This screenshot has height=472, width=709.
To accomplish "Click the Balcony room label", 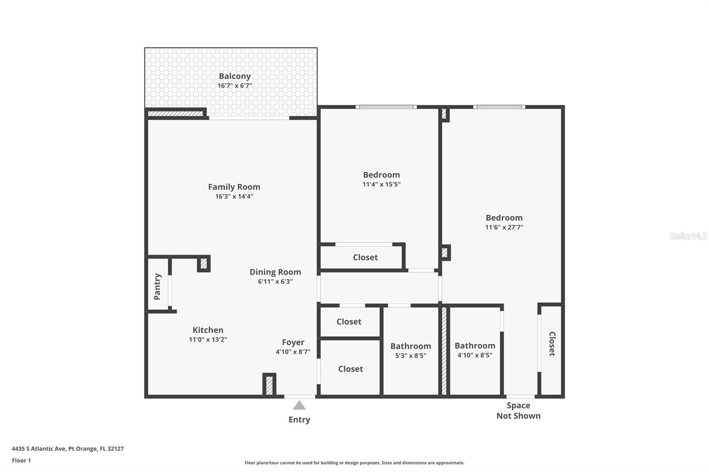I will (x=234, y=76).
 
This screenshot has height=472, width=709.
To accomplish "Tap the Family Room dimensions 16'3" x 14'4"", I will (x=234, y=197).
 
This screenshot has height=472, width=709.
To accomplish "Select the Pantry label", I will (x=157, y=286).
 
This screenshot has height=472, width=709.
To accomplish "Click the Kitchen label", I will (x=208, y=330).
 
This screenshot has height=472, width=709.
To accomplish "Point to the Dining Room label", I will (x=275, y=272).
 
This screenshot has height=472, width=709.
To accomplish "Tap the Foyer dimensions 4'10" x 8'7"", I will (x=293, y=352).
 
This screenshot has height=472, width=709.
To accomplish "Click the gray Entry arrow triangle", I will (x=299, y=405).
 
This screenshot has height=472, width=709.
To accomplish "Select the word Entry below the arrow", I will (x=299, y=420).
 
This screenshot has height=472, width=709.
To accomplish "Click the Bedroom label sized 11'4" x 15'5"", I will (x=381, y=175).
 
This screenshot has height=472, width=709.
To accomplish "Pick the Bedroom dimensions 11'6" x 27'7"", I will (x=504, y=228).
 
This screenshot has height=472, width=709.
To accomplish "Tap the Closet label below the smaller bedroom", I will (x=365, y=257).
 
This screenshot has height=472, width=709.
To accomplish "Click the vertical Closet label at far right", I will (x=552, y=344).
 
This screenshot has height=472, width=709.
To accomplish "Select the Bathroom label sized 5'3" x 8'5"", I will (x=410, y=346).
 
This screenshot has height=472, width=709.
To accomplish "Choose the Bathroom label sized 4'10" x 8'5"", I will (x=475, y=346).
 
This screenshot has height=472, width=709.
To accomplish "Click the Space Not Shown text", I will (x=518, y=410).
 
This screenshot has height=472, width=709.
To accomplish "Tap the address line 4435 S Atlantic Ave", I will (x=67, y=449).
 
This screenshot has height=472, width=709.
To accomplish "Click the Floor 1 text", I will (x=21, y=460).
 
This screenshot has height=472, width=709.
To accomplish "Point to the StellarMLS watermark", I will (x=688, y=236).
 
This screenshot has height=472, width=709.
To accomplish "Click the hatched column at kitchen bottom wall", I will (x=269, y=385).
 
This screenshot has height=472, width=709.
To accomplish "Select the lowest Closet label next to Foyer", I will (x=350, y=369).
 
